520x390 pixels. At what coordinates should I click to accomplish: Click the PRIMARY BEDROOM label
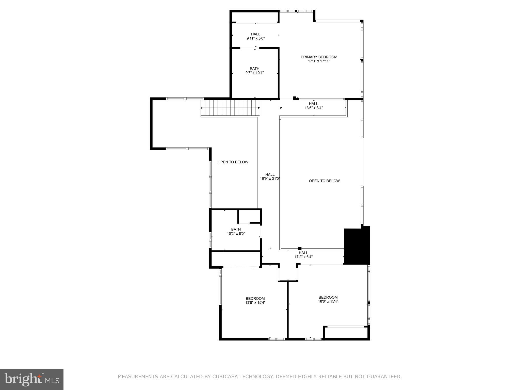tap(319, 57)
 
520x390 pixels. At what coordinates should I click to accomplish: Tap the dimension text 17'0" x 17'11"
tap(319, 61)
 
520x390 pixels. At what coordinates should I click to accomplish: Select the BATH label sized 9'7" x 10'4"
tap(254, 69)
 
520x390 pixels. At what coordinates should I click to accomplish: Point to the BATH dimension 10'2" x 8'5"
tap(236, 234)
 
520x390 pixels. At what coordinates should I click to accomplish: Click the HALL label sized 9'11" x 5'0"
tap(256, 34)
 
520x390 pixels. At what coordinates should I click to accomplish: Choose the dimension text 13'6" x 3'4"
tap(314, 108)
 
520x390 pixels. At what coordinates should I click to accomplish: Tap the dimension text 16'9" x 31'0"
tap(270, 178)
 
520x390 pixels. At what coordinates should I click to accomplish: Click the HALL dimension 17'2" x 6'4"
tap(303, 257)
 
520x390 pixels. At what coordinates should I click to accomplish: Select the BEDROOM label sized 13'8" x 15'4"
tap(255, 298)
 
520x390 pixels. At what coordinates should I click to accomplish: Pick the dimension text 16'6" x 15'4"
tap(328, 302)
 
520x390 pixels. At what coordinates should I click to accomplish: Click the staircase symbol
tap(230, 108)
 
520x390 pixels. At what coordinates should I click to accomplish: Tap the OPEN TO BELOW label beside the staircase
tap(233, 162)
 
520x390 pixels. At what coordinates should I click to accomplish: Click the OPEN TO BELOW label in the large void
tap(324, 181)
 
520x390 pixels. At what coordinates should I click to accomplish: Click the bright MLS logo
tap(31, 379)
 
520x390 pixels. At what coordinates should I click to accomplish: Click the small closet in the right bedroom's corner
tap(346, 333)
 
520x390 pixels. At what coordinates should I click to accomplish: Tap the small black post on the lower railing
tap(300, 249)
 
